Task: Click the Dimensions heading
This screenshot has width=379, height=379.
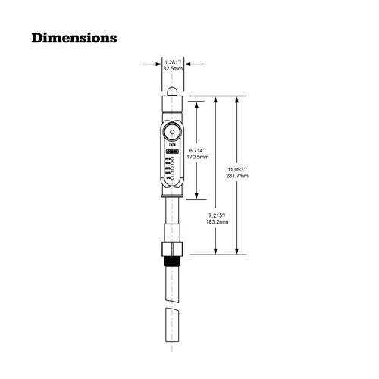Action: (x=74, y=36)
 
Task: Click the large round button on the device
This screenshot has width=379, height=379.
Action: (x=173, y=130)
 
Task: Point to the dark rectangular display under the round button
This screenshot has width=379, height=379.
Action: (x=173, y=152)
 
